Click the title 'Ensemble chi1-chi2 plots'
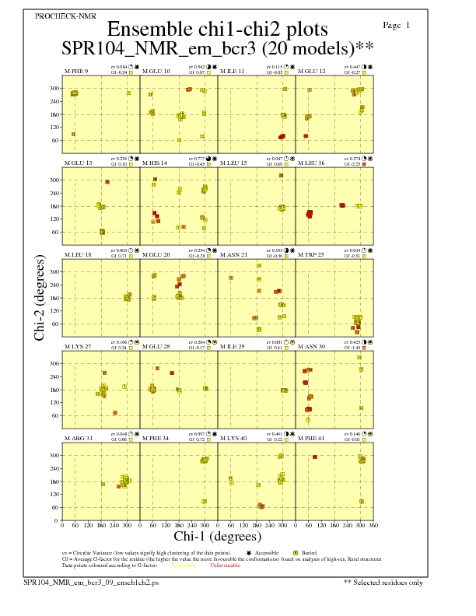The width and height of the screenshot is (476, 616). pos(212,29)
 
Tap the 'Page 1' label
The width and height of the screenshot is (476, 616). pos(397,26)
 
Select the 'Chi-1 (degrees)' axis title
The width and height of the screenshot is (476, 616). pos(218,536)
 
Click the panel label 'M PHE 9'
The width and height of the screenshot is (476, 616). pos(76,72)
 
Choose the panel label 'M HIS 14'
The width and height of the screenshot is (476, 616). pos(155,163)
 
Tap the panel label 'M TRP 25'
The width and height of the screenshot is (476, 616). pos(313,254)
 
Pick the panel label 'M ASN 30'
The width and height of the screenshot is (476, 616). pos(313,346)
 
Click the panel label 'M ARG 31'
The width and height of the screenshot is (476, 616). pos(78,438)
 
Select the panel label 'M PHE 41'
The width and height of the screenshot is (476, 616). pos(313,438)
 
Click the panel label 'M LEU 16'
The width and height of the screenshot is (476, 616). pos(313,163)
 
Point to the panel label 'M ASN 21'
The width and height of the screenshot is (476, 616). pos(235,254)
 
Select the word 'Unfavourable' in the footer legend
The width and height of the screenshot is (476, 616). pos(225,564)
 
